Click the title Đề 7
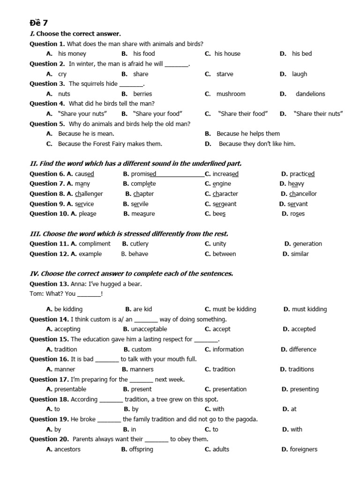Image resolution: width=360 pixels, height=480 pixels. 38,22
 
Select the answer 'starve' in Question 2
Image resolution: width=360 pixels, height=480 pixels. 225,74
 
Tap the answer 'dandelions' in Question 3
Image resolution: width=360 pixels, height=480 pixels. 310,94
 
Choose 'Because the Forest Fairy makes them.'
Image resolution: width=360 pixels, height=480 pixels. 110,144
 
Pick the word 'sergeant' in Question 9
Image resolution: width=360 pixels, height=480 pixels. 224,204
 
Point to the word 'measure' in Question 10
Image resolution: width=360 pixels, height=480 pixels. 143,214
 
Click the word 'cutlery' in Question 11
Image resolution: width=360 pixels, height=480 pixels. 139,244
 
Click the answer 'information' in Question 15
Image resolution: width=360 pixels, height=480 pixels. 228,349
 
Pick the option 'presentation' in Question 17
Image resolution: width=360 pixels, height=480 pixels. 229,389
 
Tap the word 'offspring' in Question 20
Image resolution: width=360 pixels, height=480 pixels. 142,449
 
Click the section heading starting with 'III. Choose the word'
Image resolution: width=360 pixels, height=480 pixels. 129,233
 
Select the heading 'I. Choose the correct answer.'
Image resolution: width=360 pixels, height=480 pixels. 75,34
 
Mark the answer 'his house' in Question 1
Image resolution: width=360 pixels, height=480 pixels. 227,53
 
